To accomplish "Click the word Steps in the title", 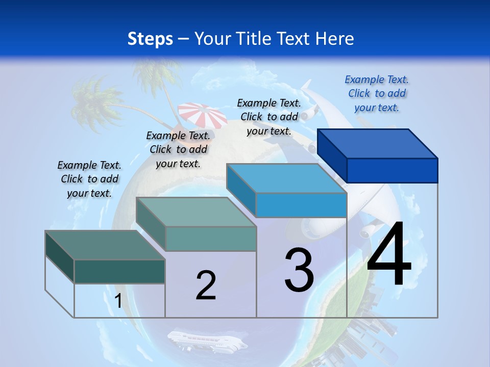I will (x=150, y=39).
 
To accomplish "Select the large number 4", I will (x=389, y=254).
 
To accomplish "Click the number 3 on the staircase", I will (x=299, y=270).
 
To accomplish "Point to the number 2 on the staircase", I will (x=206, y=285).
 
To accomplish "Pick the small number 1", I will (x=118, y=301).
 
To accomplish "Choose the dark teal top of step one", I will (x=105, y=245).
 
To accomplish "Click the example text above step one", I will (x=89, y=179).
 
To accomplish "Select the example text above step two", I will (x=178, y=149).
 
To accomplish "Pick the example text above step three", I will (x=269, y=117).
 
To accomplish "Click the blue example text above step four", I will (x=377, y=93).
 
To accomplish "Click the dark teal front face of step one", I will (x=119, y=271).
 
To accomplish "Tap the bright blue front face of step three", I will (x=301, y=205).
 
